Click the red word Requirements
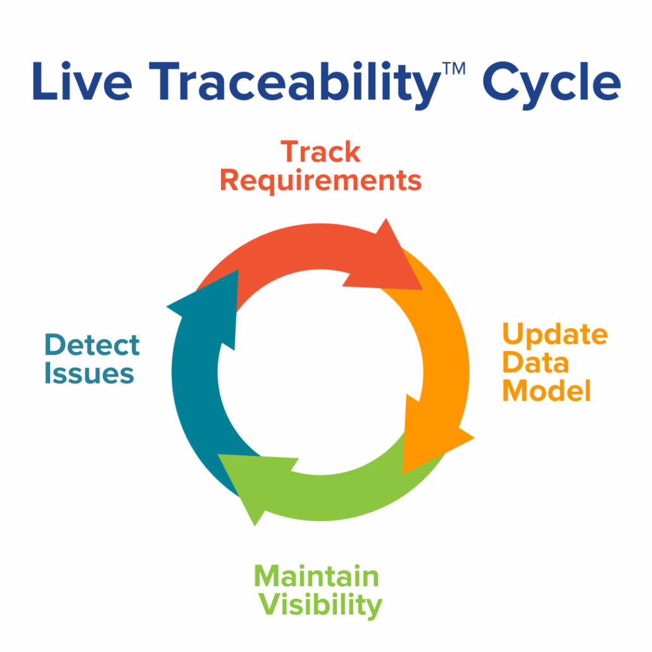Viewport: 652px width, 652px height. click(x=320, y=180)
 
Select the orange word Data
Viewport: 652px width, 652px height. click(x=527, y=363)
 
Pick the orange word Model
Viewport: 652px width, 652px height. click(x=546, y=391)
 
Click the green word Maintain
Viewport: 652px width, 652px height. click(x=317, y=577)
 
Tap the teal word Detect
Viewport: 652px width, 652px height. click(x=92, y=346)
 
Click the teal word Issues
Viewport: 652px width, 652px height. click(x=89, y=373)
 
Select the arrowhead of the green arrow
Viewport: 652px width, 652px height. click(x=251, y=481)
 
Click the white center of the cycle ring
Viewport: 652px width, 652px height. click(x=320, y=371)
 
